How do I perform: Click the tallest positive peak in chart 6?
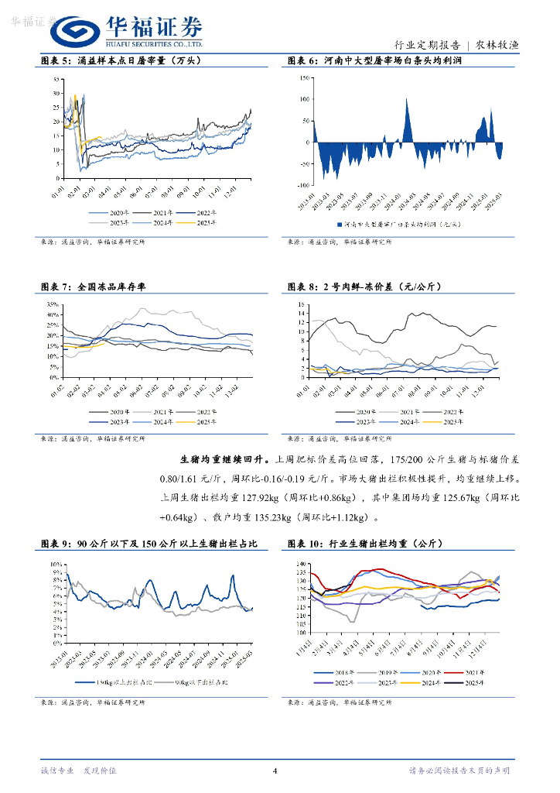407,99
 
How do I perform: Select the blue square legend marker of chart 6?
340,225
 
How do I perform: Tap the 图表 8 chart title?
364,287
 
